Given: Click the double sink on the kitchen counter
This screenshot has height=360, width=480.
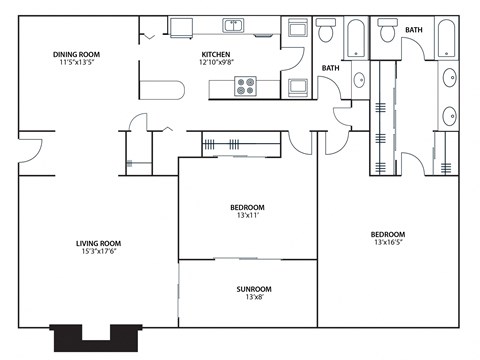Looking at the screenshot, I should pyautogui.click(x=232, y=25).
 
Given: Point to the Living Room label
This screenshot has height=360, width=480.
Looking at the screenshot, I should pyautogui.click(x=98, y=243).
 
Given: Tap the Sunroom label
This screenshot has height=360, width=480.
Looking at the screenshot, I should pyautogui.click(x=254, y=289).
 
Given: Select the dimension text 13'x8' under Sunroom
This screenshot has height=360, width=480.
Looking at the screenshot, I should pyautogui.click(x=254, y=298).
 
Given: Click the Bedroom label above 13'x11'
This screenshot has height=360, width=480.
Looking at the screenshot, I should pyautogui.click(x=247, y=207).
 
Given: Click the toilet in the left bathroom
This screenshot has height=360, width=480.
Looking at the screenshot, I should pyautogui.click(x=326, y=34).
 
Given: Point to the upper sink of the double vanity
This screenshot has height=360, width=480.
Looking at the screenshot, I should pyautogui.click(x=447, y=77).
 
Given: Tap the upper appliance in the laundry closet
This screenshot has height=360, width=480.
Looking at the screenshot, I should pyautogui.click(x=296, y=30).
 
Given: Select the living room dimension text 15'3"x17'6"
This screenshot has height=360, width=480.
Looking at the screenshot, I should pyautogui.click(x=98, y=252).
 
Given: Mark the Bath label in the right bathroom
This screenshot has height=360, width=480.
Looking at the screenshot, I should pyautogui.click(x=414, y=30).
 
